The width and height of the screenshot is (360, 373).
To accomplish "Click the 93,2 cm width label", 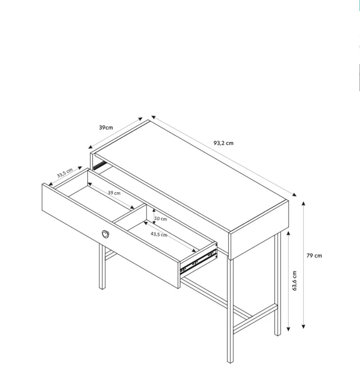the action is (x=223, y=143).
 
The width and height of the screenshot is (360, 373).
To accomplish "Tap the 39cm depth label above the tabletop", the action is (x=106, y=127).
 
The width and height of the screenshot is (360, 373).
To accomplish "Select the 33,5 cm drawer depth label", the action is (x=65, y=173).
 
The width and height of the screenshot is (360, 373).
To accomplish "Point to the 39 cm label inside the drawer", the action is (x=114, y=193).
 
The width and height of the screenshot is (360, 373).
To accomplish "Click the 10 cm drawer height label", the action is (x=161, y=219).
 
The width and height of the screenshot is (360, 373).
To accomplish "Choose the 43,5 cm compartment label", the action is (x=159, y=234).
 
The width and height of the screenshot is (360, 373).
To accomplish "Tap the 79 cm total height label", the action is (x=314, y=255).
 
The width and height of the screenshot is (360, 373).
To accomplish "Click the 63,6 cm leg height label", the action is (x=294, y=281).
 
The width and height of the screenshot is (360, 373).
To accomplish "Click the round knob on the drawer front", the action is (x=105, y=234).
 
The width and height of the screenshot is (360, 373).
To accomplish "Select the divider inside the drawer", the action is (x=129, y=215).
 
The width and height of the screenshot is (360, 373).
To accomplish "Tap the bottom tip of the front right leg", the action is (x=230, y=362).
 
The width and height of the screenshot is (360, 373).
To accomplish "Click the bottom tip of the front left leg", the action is (x=102, y=288).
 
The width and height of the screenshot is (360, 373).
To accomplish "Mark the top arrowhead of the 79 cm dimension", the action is (x=304, y=203).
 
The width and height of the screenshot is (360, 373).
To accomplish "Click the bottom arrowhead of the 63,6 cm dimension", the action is (x=288, y=330).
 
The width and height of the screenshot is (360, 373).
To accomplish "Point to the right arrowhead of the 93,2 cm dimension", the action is (x=294, y=195).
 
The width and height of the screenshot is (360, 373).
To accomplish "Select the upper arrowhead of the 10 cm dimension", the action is (x=154, y=210).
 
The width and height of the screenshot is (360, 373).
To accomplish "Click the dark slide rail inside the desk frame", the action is (x=100, y=165).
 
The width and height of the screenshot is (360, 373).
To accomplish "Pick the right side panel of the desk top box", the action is (x=259, y=230).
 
